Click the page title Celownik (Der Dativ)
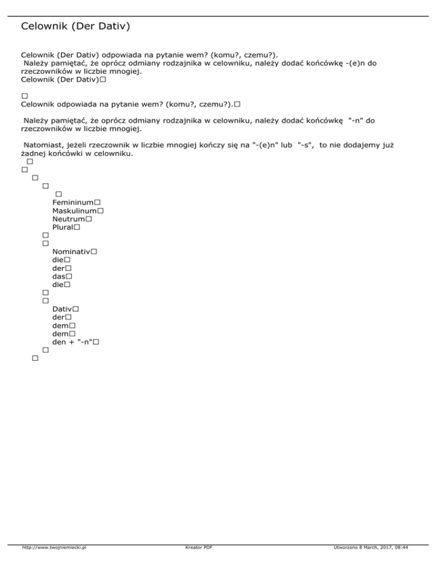tap(75, 26)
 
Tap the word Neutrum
tap(68, 219)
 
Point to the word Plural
tap(62, 227)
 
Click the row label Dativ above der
tap(62, 309)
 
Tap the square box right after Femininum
tap(97, 203)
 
